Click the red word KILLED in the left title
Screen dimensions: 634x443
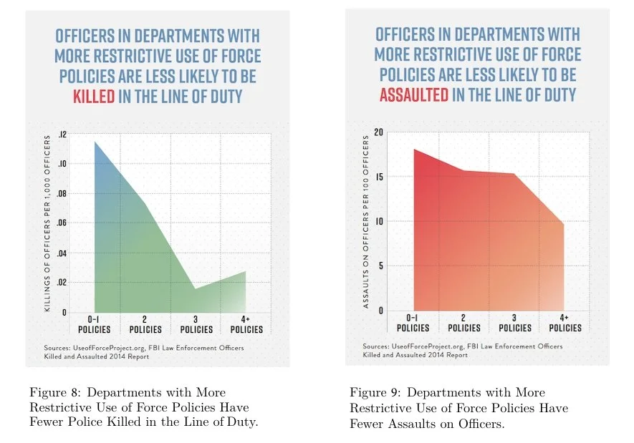(x=94, y=97)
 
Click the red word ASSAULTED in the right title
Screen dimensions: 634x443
(x=414, y=95)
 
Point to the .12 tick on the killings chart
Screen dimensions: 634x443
(x=62, y=135)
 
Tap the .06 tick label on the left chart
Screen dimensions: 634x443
(x=62, y=223)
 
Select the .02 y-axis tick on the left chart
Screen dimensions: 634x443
(x=62, y=282)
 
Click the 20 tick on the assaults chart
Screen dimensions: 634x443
(x=378, y=132)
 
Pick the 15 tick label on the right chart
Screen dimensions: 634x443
(x=379, y=177)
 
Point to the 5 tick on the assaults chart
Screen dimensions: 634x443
(x=380, y=266)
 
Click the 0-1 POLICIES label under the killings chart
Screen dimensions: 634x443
(x=95, y=325)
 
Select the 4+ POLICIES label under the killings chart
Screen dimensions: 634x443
(x=246, y=325)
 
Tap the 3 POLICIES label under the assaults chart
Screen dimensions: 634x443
(x=515, y=323)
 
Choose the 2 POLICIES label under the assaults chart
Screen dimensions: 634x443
(x=464, y=323)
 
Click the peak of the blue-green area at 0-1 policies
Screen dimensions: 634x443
(x=95, y=142)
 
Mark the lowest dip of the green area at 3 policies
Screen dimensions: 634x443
(x=196, y=288)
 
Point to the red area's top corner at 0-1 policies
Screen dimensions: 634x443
(x=414, y=150)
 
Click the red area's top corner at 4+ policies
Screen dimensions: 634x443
(x=564, y=223)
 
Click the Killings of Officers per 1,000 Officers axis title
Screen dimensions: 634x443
(x=47, y=223)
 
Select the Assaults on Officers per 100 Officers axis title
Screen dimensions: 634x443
(x=366, y=222)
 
